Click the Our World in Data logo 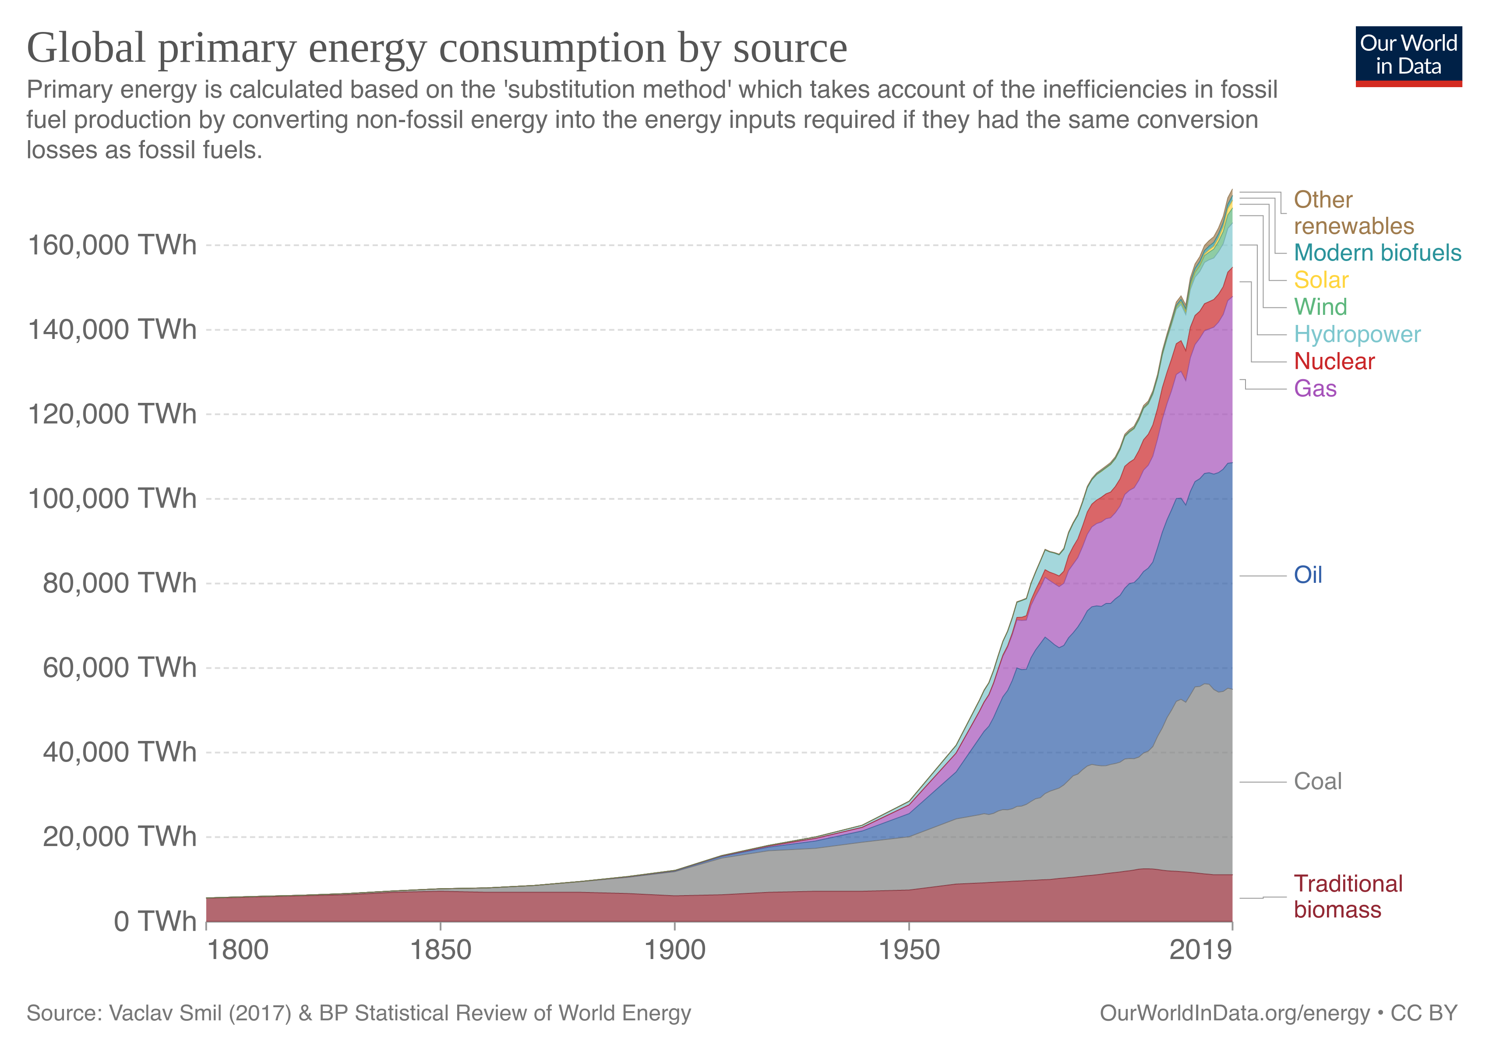[1408, 56]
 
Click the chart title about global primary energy [437, 48]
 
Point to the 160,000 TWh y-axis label [112, 246]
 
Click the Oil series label [1307, 575]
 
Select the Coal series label [1317, 781]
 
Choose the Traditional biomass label [1347, 897]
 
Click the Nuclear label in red [1334, 361]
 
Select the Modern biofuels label [1377, 252]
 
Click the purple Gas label [1315, 388]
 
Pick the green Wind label [1320, 307]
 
